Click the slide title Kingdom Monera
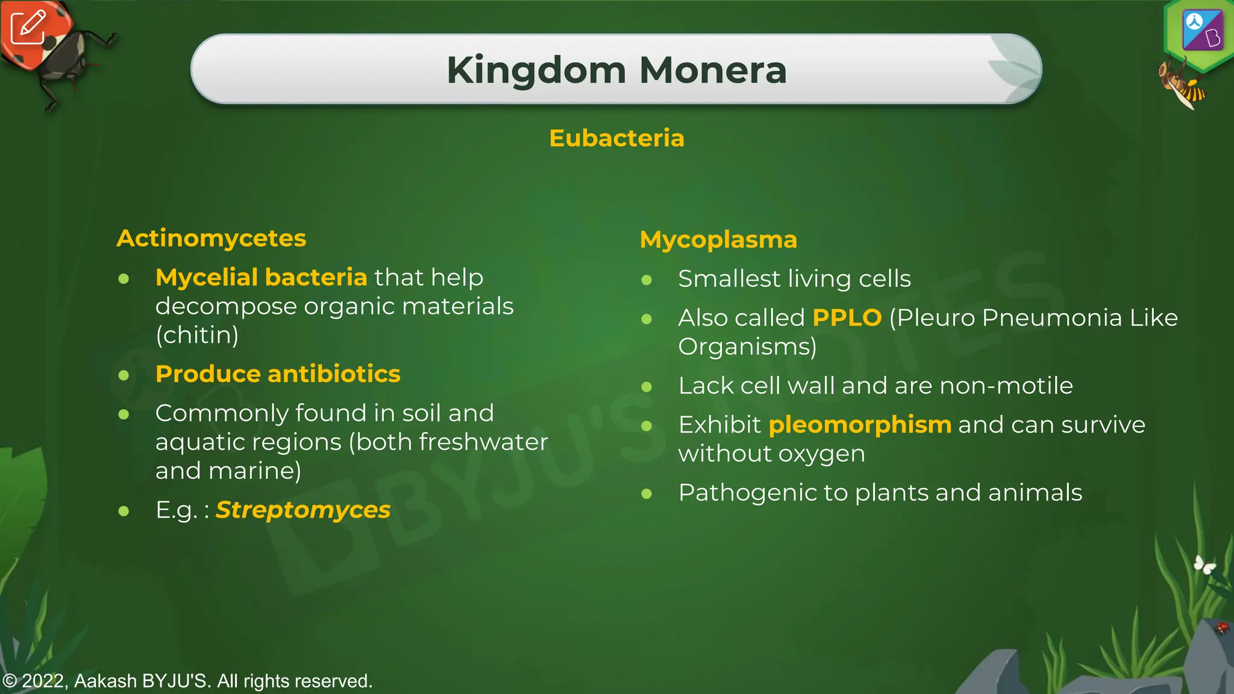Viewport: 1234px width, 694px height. [616, 70]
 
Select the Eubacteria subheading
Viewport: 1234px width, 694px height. [616, 138]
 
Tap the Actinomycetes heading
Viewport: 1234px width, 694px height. [211, 238]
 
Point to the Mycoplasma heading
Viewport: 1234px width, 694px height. [718, 239]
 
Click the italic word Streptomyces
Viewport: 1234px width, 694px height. [303, 510]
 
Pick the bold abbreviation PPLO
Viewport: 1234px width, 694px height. [847, 317]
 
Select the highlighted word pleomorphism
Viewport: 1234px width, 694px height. [860, 425]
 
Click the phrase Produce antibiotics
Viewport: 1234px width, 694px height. [278, 374]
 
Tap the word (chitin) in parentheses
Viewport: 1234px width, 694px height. [197, 335]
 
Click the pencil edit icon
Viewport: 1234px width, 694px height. [28, 27]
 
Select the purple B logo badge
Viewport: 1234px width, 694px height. [1203, 30]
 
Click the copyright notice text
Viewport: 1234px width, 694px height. [187, 681]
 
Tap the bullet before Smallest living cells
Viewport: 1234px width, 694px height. [647, 280]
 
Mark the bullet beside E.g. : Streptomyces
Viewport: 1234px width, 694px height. [124, 511]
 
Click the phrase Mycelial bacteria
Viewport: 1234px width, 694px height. [261, 277]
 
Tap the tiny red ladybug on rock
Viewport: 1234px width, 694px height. [1221, 628]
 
